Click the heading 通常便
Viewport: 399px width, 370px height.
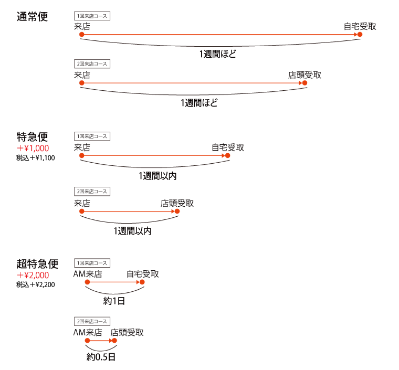coord(32,16)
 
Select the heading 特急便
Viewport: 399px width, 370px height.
coord(32,137)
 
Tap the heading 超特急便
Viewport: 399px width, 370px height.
coord(37,263)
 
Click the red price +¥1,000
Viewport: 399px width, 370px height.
coord(33,148)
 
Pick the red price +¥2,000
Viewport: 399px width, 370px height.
coord(33,275)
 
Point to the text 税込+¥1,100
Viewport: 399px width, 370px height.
coord(36,158)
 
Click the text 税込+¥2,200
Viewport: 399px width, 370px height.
coord(36,284)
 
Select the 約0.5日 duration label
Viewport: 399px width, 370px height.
coord(101,357)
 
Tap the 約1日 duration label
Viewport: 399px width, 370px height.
coord(114,301)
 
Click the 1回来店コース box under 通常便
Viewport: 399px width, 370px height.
coord(92,16)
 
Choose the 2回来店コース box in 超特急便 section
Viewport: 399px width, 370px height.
coord(92,321)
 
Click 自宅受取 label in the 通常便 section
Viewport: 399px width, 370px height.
coord(360,26)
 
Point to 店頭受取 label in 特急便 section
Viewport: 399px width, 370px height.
coord(177,204)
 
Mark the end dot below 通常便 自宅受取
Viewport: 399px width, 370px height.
coord(360,34)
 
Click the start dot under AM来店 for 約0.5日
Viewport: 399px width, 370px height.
coord(87,341)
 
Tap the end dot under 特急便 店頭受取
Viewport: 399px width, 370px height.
coord(177,212)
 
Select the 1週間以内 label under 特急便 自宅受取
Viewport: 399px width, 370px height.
coord(158,176)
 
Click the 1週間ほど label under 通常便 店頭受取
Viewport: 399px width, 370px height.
coord(199,103)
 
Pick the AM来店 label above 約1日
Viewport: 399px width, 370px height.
coord(88,274)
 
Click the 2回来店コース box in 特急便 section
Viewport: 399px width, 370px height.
coord(92,192)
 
